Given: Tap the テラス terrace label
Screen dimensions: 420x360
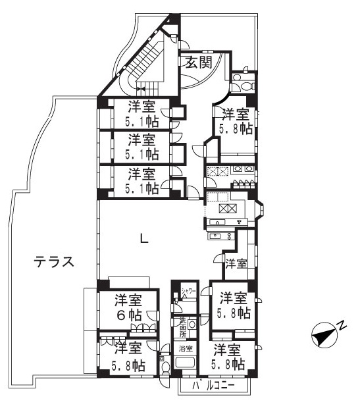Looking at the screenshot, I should pos(54,262).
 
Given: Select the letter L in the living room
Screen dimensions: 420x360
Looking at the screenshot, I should pos(144,239).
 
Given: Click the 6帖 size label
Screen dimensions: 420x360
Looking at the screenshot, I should pos(129,315).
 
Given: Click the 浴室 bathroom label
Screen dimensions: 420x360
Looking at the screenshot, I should pos(185,348).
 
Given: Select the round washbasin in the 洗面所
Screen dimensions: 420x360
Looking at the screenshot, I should pos(192,325).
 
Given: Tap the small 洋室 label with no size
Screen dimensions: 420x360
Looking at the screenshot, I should pos(236,264).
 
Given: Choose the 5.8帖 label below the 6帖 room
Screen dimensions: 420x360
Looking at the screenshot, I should pos(129,364).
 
